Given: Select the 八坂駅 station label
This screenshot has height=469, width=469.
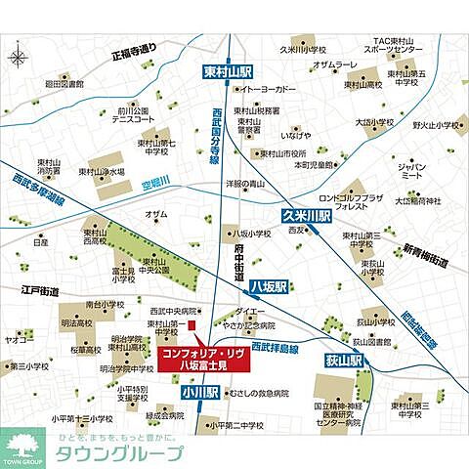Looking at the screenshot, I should pos(266,287).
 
